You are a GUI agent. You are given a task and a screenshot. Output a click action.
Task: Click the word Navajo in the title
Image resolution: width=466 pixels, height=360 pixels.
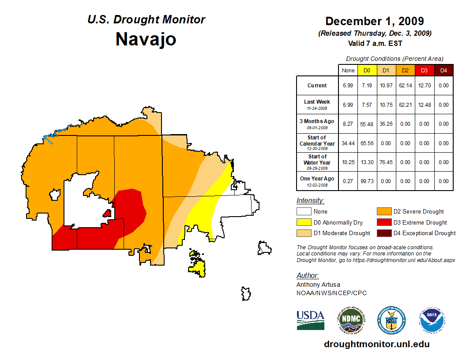(146, 39)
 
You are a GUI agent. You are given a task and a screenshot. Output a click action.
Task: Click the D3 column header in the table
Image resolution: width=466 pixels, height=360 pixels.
(424, 70)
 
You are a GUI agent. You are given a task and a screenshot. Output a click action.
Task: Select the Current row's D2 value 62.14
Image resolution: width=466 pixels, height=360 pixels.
(405, 86)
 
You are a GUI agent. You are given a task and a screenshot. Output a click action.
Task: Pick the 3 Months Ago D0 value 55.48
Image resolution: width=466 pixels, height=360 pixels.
(367, 124)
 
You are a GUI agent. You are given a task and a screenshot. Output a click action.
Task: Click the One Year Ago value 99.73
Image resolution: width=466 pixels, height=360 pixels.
(367, 181)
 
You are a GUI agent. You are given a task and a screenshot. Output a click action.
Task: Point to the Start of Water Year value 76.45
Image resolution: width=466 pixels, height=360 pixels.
(386, 162)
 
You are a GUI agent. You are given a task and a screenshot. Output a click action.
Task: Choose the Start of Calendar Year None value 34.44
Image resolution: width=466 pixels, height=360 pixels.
(348, 143)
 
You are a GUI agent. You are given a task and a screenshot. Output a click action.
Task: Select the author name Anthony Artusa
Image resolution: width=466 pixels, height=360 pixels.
(318, 285)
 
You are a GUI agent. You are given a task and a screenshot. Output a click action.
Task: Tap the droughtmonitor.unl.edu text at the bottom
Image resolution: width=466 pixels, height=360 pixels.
(376, 344)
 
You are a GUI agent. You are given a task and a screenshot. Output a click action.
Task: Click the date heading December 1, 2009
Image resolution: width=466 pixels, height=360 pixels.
(374, 21)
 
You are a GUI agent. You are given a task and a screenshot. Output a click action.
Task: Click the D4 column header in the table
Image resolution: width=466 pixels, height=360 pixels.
(443, 70)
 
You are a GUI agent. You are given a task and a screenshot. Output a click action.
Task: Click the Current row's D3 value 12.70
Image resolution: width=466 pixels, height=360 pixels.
(424, 86)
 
